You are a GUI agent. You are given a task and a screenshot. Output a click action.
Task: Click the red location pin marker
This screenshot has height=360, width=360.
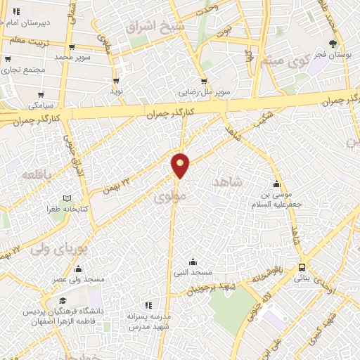tap(181, 165)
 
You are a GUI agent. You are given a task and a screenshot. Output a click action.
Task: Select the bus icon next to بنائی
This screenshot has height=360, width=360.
tap(302, 267)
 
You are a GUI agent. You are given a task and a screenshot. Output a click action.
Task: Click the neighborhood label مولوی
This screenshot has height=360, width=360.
tap(172, 199)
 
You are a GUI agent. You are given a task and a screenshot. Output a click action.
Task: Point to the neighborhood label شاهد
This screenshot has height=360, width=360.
tap(226, 181)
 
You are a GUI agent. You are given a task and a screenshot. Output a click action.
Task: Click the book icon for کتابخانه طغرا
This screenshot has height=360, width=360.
tap(67, 199)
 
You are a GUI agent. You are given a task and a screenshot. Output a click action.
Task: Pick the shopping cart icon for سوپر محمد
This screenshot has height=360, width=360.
tap(60, 46)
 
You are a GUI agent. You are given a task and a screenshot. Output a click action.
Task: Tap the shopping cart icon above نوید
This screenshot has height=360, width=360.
tap(117, 82)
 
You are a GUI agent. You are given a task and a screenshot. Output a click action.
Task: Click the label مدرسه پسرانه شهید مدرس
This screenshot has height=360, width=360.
tap(148, 322)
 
